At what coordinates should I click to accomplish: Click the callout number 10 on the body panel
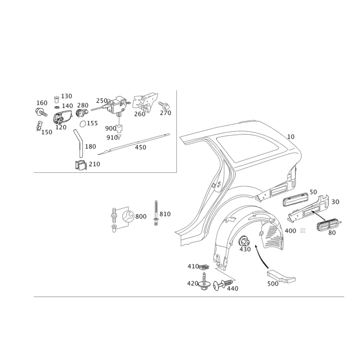point(291,136)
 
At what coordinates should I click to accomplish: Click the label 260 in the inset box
point(140,114)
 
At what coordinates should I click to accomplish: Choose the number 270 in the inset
point(165,113)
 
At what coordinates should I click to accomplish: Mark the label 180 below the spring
point(90,147)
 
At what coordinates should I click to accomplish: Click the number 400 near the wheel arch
point(290,230)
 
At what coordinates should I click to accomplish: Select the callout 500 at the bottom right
point(272,284)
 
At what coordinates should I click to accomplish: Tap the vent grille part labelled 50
point(295,198)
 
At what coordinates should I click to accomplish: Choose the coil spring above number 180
point(77,135)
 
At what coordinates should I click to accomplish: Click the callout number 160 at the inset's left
point(41,103)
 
